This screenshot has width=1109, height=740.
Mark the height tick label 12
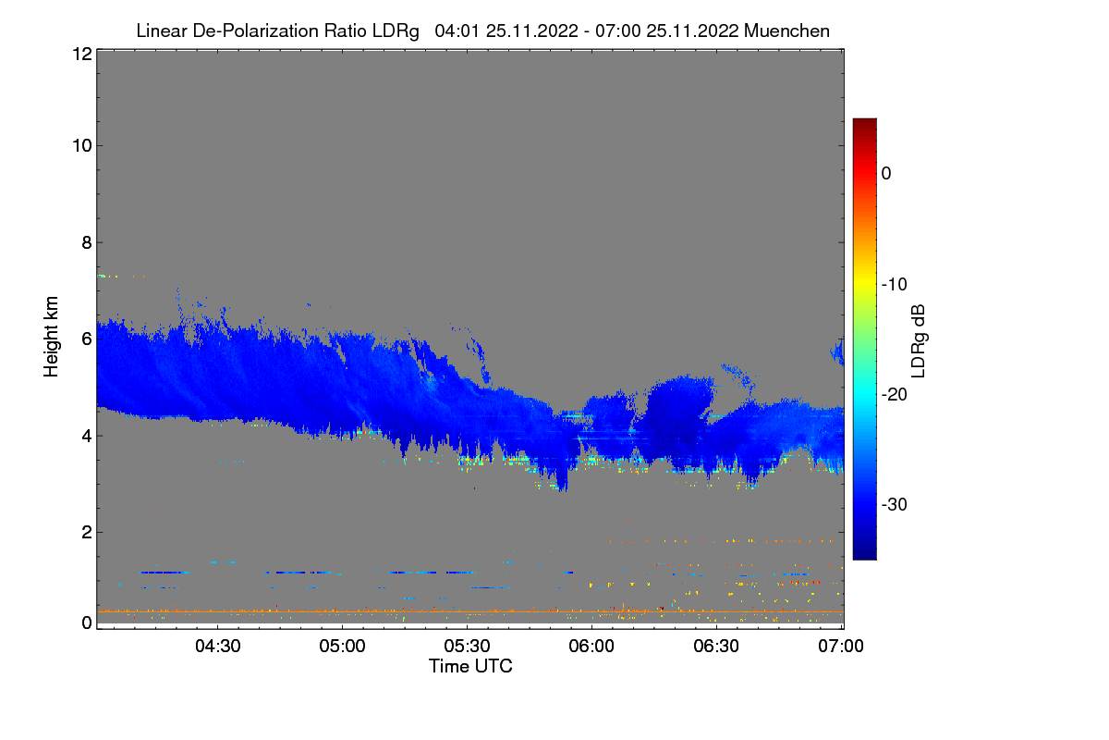pos(81,54)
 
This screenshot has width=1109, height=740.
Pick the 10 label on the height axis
pos(81,145)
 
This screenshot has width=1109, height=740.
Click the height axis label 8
pos(86,242)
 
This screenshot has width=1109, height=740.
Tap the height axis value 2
pos(86,532)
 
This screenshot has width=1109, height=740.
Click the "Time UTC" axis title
pos(470,666)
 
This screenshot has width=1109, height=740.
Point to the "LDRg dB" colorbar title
pos(918,339)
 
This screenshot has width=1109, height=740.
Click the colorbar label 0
pos(886,173)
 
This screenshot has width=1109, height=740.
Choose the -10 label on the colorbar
pos(892,284)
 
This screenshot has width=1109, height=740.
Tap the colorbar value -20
pos(892,395)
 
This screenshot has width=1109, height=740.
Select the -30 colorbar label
pos(892,505)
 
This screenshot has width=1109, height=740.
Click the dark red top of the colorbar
pos(864,124)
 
